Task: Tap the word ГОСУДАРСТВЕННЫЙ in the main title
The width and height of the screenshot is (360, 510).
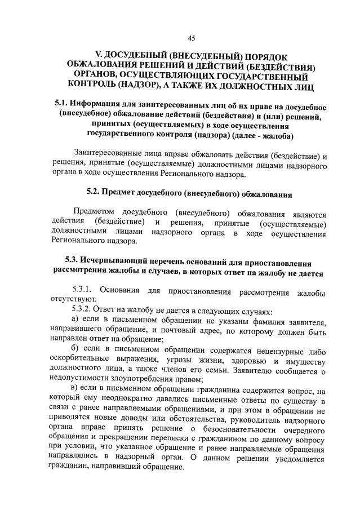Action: click(260, 76)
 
